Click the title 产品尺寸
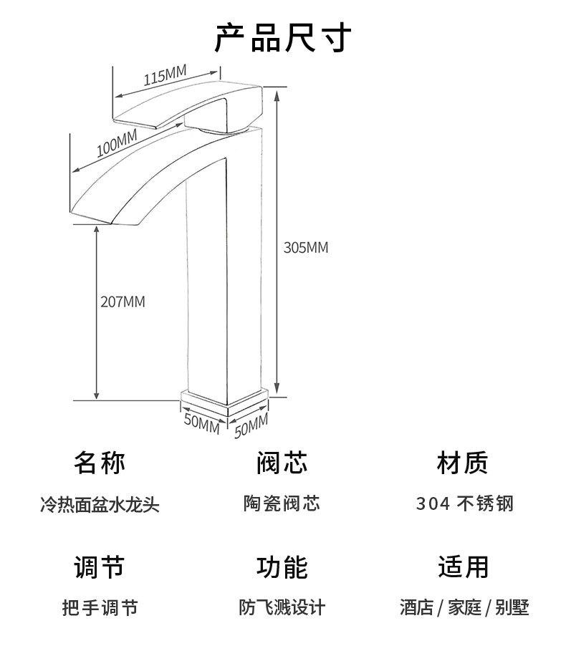pyautogui.click(x=283, y=38)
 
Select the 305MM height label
pyautogui.click(x=306, y=248)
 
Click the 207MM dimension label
pyautogui.click(x=123, y=302)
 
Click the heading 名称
pyautogui.click(x=99, y=463)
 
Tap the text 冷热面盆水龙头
pyautogui.click(x=99, y=505)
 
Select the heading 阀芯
pyautogui.click(x=282, y=463)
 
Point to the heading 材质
pyautogui.click(x=463, y=463)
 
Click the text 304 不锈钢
pyautogui.click(x=464, y=504)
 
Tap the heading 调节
pyautogui.click(x=99, y=566)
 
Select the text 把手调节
pyautogui.click(x=99, y=609)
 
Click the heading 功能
pyautogui.click(x=282, y=566)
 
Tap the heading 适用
pyautogui.click(x=463, y=566)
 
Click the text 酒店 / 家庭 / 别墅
pyautogui.click(x=464, y=609)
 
